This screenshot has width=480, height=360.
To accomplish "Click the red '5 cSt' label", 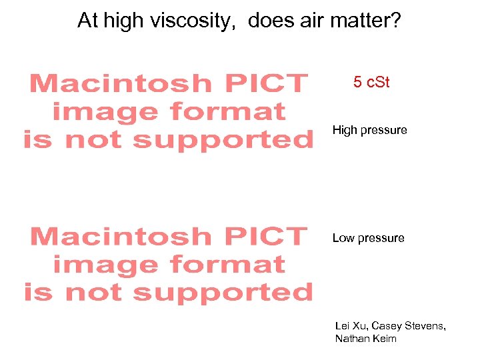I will coord(371,83).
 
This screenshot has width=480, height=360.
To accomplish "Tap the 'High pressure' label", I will coord(369,130).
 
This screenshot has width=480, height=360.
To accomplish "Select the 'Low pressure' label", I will coord(368,238).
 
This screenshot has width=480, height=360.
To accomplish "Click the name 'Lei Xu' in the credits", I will coord(351,325).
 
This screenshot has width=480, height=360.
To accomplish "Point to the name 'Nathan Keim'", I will coord(366,339).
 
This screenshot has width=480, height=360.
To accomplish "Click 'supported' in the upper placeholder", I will coord(223,140).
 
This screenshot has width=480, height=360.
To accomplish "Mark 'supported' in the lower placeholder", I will coord(223,292).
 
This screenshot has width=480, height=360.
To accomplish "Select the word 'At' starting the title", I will coord(87,21).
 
